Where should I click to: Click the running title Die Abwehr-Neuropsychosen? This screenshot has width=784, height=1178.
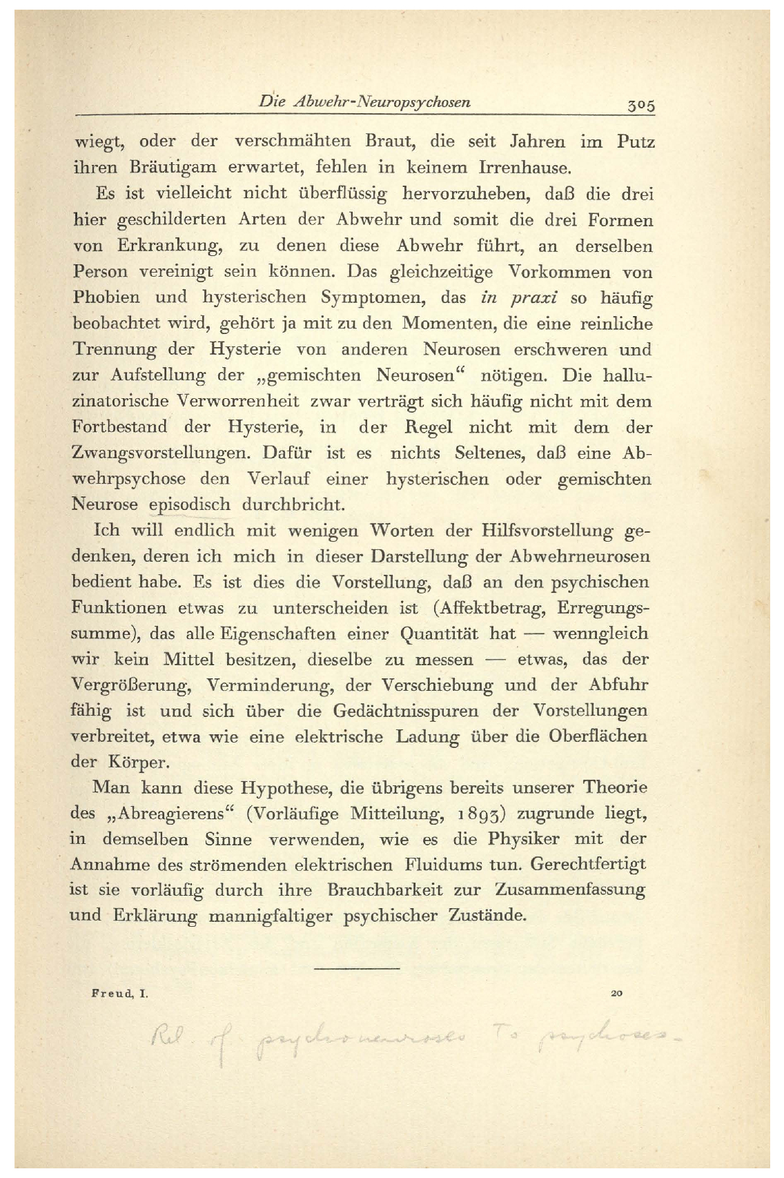[x=364, y=102]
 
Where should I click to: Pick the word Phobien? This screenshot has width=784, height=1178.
[x=106, y=297]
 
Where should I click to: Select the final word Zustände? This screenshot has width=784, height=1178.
[x=487, y=916]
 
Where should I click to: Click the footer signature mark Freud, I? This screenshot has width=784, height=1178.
[x=120, y=994]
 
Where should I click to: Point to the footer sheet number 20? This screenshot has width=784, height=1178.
[x=616, y=994]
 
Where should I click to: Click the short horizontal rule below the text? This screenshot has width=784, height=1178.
[x=357, y=970]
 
